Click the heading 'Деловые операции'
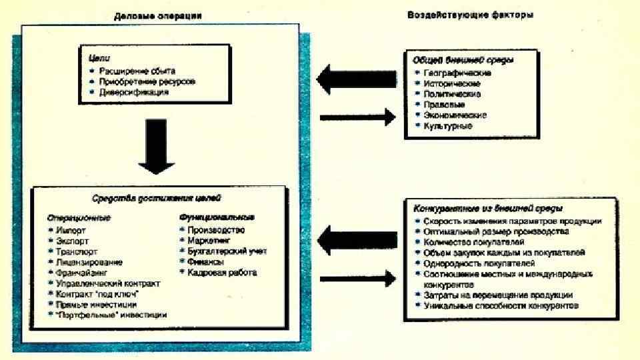[x=158, y=15]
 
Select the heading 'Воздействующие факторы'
[x=470, y=15]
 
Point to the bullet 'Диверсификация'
[x=131, y=93]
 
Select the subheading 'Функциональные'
[x=217, y=217]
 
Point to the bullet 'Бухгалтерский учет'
[x=227, y=251]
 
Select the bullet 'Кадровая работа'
[x=222, y=272]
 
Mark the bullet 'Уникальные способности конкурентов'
[x=501, y=305]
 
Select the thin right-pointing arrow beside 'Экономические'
[x=353, y=118]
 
